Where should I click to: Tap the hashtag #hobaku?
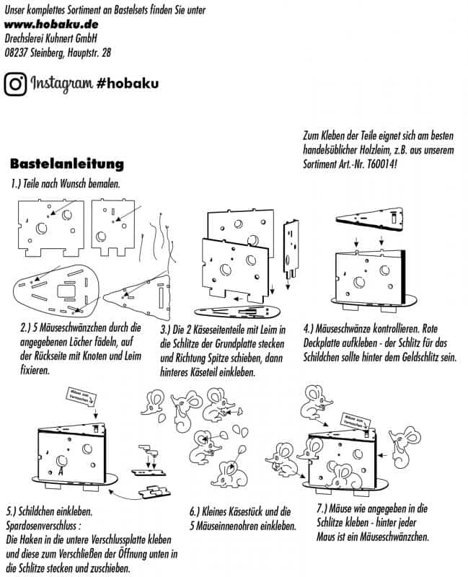[x=127, y=84]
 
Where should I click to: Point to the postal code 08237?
[x=16, y=53]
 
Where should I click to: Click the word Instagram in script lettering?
[x=60, y=84]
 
